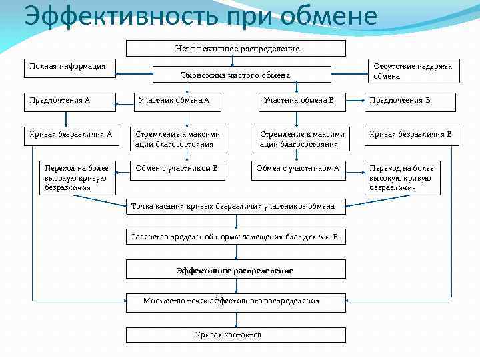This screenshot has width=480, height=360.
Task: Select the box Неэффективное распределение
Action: (236, 49)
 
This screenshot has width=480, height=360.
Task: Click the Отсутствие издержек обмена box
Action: (413, 71)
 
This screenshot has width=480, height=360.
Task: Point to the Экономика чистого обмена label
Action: (235, 75)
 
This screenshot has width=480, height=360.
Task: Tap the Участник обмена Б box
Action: (299, 101)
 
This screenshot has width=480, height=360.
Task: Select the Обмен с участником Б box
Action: (176, 169)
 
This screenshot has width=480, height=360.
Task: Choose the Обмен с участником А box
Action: (299, 169)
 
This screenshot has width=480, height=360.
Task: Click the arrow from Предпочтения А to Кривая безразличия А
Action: (66, 119)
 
